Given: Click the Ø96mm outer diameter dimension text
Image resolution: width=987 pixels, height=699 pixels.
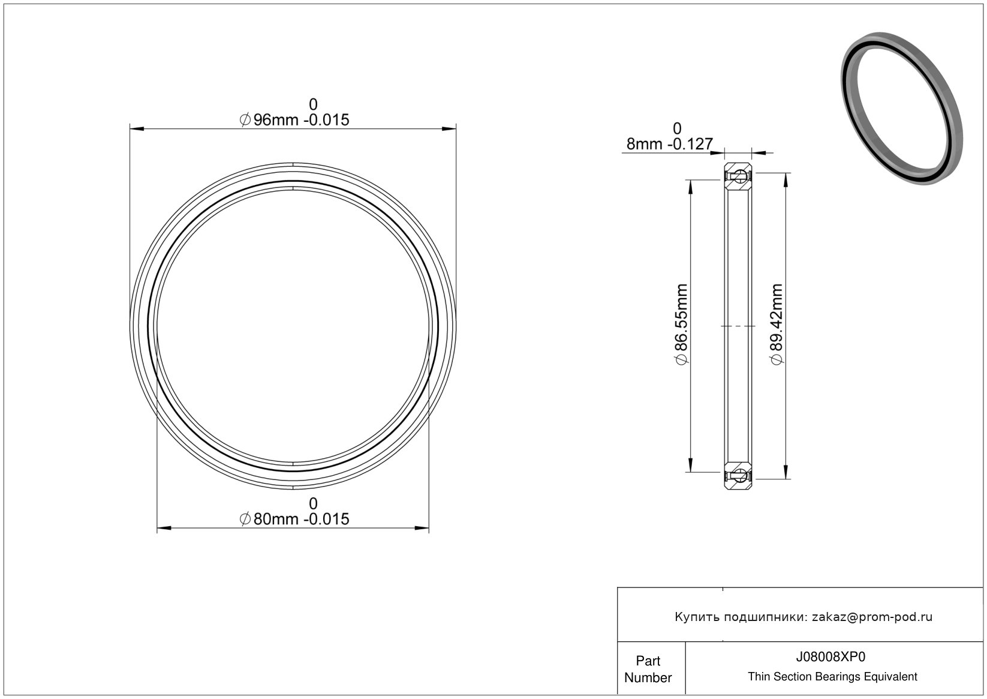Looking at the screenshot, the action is (x=294, y=119).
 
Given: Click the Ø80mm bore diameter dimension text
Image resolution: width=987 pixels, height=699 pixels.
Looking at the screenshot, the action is (x=294, y=518).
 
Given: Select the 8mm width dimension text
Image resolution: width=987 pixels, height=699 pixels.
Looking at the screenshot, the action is (x=669, y=144).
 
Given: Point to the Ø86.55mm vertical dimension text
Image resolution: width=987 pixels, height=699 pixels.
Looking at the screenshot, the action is (x=681, y=325).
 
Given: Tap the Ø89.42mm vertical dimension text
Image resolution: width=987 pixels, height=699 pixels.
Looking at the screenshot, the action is (x=777, y=325).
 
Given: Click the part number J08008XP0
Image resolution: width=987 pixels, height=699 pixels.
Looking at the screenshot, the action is (x=830, y=656).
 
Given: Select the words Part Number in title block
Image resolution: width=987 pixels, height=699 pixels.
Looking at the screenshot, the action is (x=648, y=669).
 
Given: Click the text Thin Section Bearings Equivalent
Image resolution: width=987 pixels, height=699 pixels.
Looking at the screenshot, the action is (x=832, y=677).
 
